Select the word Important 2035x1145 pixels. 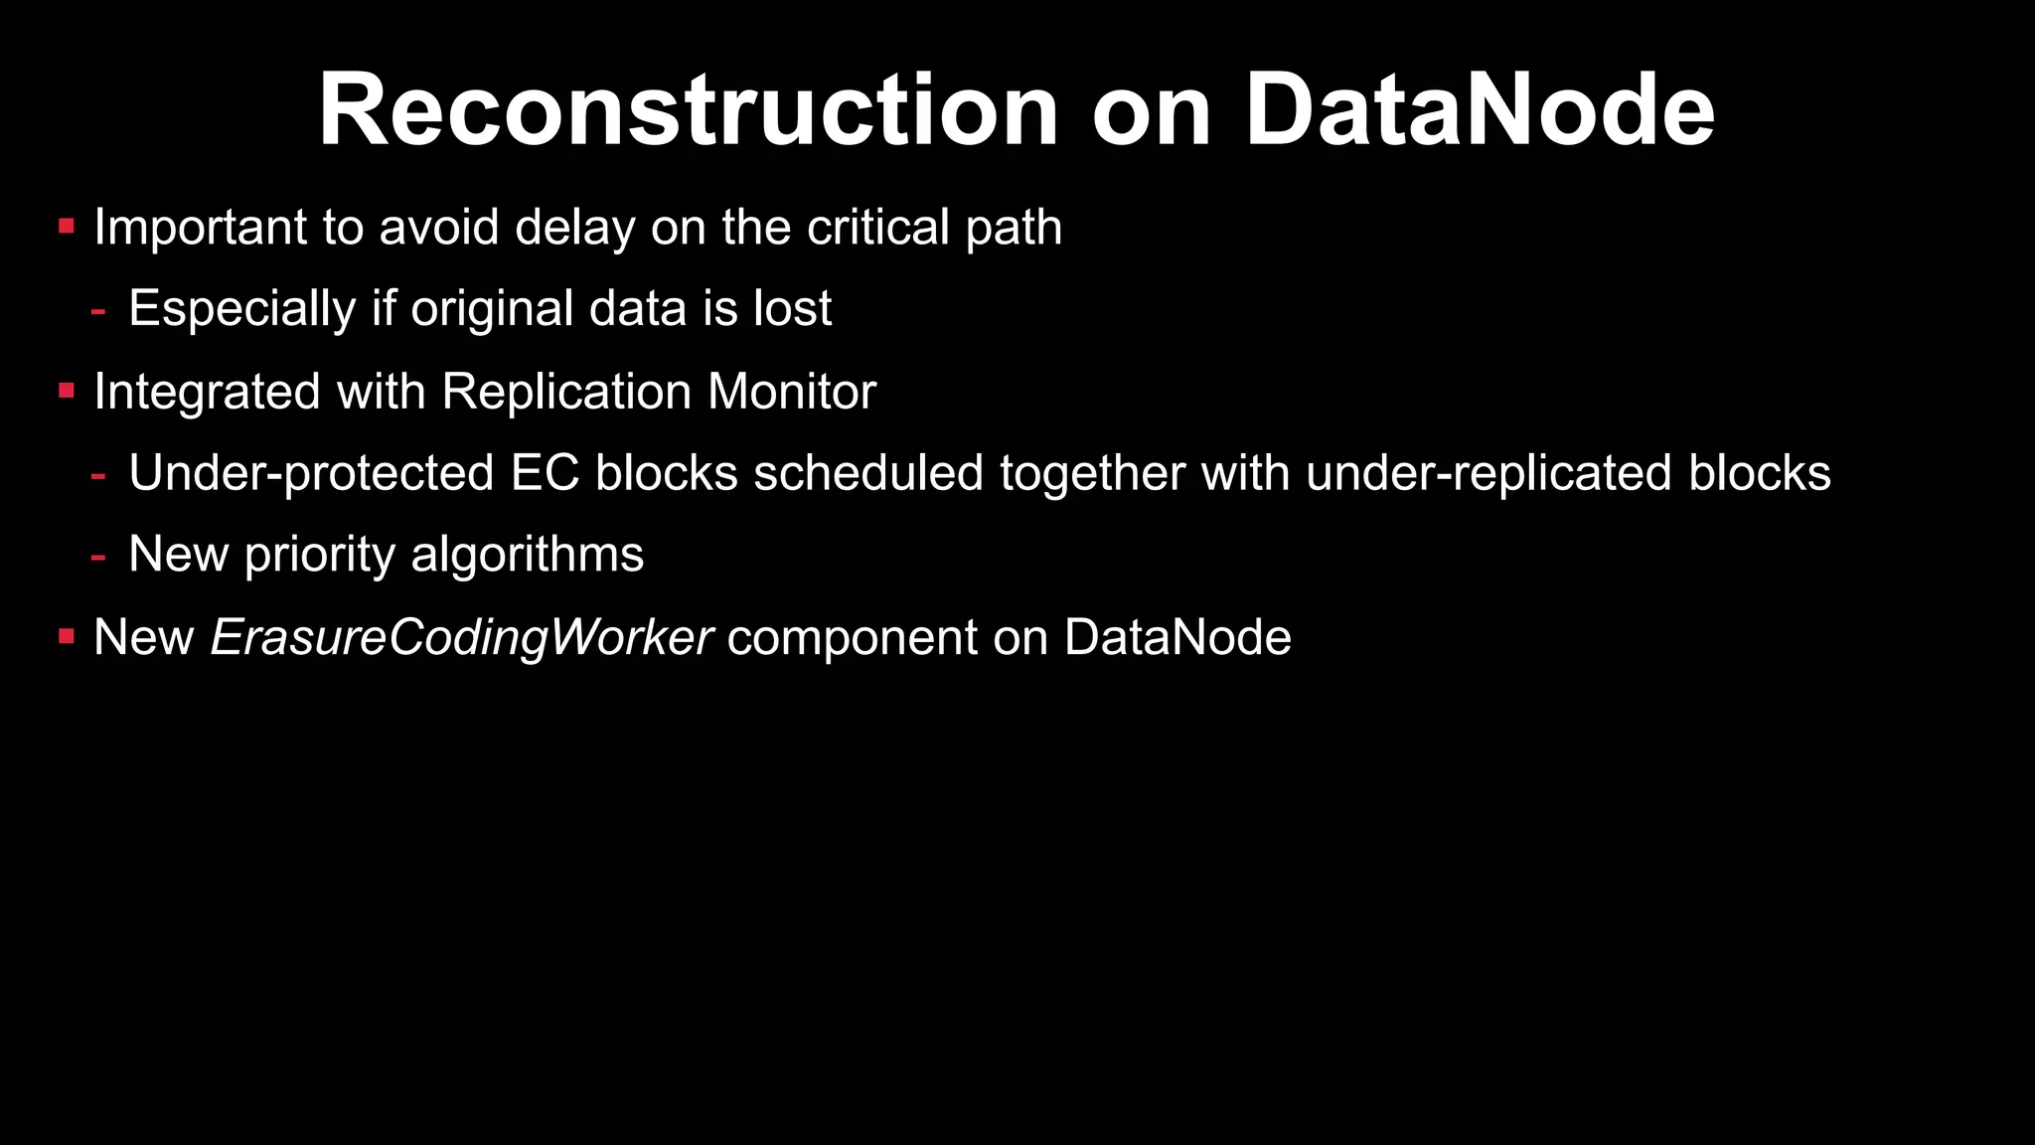(200, 229)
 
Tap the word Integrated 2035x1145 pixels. (207, 393)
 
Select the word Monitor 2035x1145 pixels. (791, 393)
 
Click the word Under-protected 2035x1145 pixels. (311, 474)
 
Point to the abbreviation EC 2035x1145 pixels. (545, 474)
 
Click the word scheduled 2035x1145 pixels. (867, 474)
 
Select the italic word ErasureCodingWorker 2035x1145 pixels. (461, 638)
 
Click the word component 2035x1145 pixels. (852, 638)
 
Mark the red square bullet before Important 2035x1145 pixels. (67, 227)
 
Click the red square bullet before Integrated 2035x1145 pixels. (67, 391)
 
